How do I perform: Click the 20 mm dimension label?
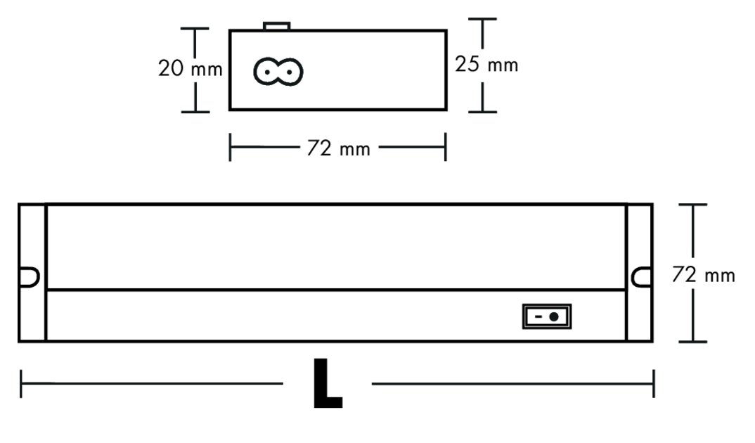pos(191,68)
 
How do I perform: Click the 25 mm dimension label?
pos(486,65)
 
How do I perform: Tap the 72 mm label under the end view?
pos(339,148)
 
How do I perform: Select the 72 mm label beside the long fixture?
pos(704,275)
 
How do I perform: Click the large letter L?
pos(328,383)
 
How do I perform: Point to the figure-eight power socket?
pos(278,72)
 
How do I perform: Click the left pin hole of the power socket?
pos(266,72)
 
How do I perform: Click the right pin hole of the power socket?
pos(290,72)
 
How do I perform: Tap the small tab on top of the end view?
pos(277,25)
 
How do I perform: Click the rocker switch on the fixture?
pos(547,316)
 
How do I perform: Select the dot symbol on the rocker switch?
pos(554,317)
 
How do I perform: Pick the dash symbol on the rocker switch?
pos(538,317)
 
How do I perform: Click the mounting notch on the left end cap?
pos(29,277)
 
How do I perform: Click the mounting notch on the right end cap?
pos(642,277)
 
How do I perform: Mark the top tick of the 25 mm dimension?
pos(482,19)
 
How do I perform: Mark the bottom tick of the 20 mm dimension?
pos(195,112)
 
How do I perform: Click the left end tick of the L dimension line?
pos(20,383)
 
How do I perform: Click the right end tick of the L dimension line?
pos(653,383)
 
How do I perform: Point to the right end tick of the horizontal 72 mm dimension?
pos(446,148)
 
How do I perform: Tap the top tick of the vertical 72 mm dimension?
pos(693,205)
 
